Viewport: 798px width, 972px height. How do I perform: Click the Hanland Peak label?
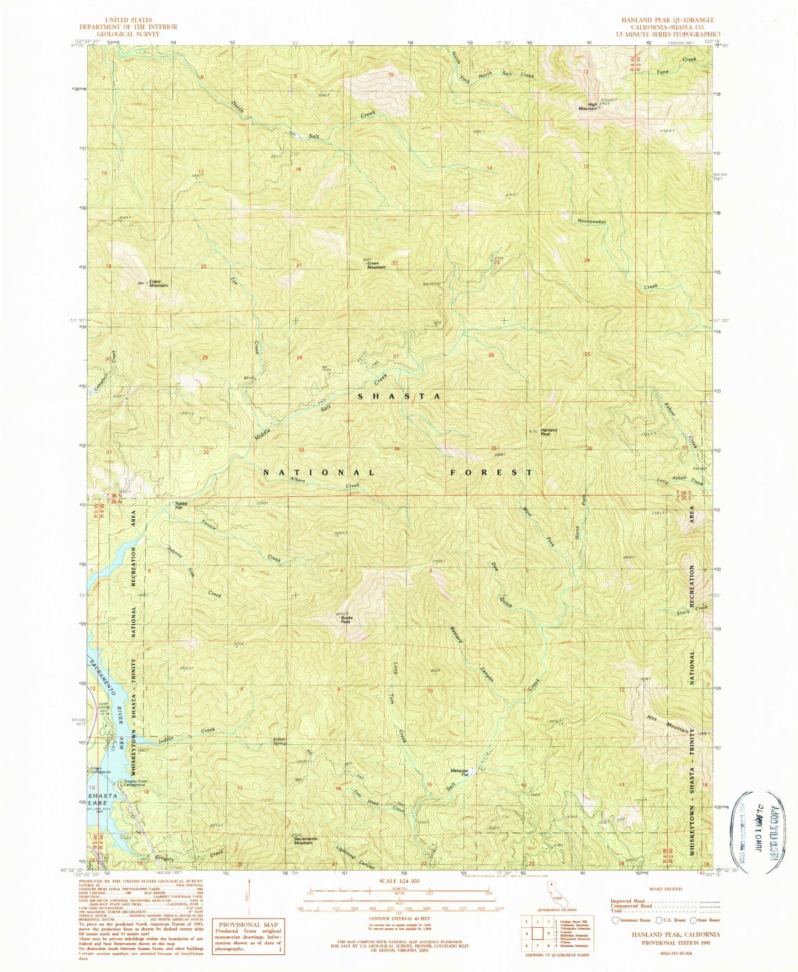click(x=548, y=432)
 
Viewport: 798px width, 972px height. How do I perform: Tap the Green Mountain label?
click(x=376, y=264)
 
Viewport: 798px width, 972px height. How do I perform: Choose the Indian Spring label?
click(x=279, y=741)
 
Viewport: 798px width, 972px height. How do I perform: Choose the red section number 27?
click(x=396, y=357)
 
